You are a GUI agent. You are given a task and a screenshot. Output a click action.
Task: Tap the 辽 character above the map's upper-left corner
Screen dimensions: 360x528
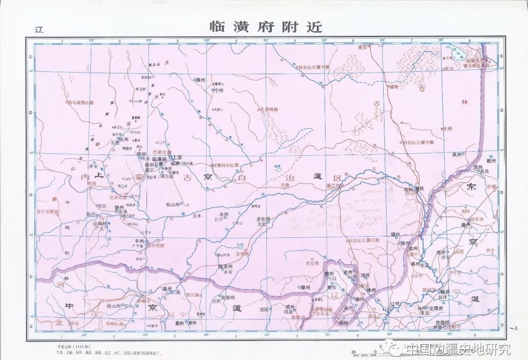40,29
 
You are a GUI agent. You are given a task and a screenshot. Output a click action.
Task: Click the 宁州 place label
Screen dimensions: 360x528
218,90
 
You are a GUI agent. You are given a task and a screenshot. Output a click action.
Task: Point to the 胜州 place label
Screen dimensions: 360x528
490,161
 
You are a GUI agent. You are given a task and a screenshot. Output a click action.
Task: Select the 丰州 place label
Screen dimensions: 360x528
139,241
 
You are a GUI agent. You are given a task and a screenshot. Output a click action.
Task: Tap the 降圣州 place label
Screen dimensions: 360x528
225,267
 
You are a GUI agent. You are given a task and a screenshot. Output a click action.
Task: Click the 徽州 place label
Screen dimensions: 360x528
306,287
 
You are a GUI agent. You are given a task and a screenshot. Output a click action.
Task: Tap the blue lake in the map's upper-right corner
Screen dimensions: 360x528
457,52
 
